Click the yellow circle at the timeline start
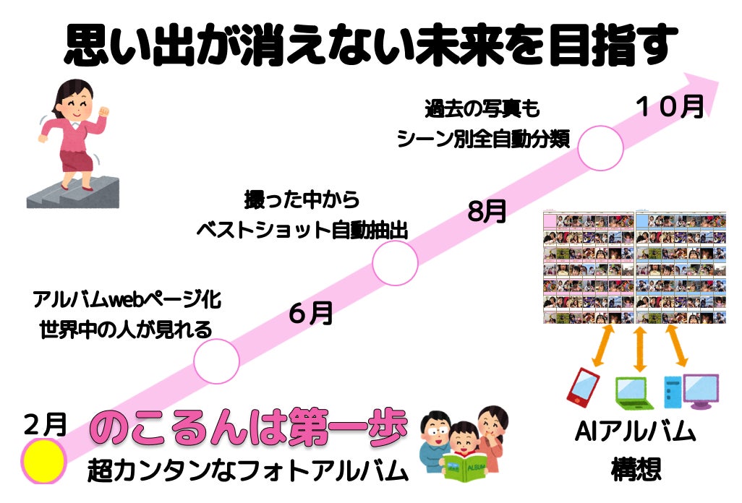coord(43,461)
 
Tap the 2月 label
coord(45,424)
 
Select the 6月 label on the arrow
coord(311,313)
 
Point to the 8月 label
coord(487,211)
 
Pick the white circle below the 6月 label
coord(216,361)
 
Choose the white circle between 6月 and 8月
coord(395,263)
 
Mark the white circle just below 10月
coord(600,148)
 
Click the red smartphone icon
coord(583,386)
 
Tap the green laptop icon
coord(634,393)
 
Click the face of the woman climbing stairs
coord(77,105)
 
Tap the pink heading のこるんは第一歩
coord(249,428)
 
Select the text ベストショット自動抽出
coord(302,231)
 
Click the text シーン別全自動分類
coord(483,139)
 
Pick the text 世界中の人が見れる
coord(126,330)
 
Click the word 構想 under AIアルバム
coord(636,470)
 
